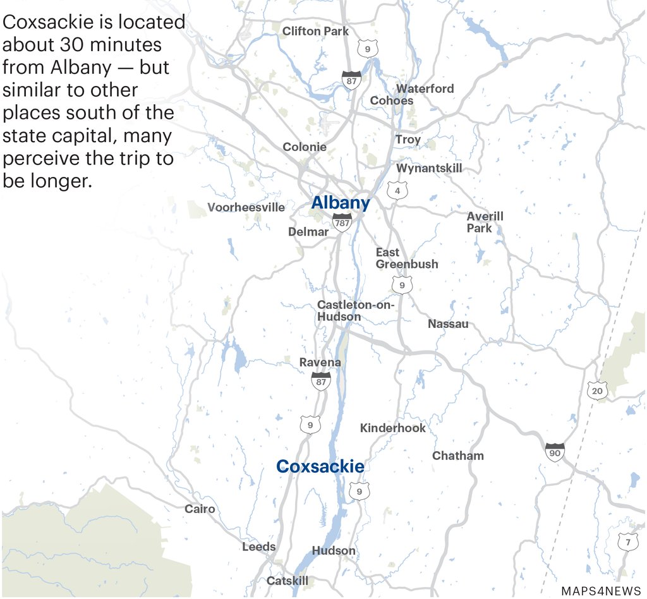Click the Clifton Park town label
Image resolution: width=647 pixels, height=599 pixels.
pos(315,31)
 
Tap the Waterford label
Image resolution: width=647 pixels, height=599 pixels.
pos(425,88)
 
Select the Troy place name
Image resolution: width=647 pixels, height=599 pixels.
pos(408,140)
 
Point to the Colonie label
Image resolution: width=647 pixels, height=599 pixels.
pos(305,147)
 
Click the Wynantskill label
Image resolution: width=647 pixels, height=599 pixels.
pos(429,168)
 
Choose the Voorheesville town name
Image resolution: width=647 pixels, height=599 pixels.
pos(246,207)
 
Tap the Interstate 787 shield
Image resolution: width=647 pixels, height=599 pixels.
pos(342,222)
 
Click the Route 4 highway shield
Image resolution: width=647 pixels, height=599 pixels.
pos(397,190)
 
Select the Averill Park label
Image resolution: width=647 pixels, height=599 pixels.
pos(485,222)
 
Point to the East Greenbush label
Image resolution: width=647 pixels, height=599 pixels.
pos(406,258)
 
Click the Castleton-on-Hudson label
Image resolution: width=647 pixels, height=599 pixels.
pos(355,311)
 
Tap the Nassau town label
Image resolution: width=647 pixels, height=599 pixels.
pos(448,324)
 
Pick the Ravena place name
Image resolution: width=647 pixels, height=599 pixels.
pos(320,363)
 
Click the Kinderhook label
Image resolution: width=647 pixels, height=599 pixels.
pos(392,428)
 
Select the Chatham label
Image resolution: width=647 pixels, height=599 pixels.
pos(457,456)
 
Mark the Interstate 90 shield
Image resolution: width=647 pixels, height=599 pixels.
pos(554,452)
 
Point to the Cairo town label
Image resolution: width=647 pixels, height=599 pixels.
pos(200,509)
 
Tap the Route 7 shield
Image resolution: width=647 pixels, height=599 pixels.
pos(627,542)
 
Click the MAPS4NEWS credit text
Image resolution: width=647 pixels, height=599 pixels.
pos(600,591)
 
